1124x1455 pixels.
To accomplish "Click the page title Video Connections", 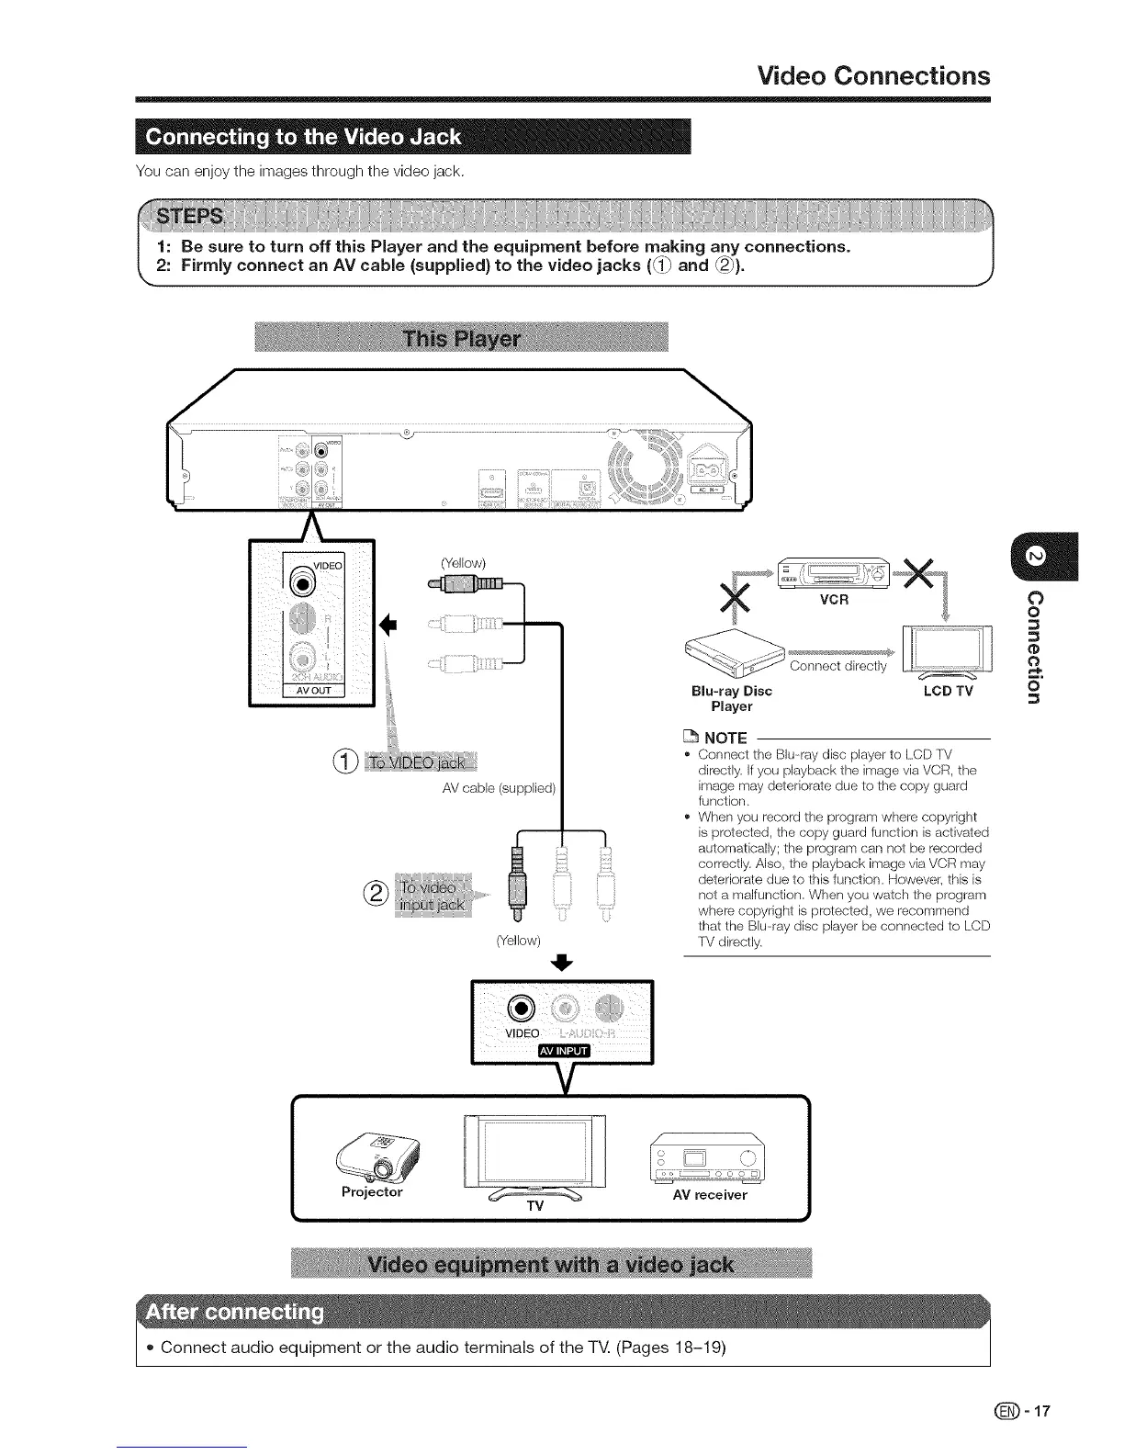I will [873, 75].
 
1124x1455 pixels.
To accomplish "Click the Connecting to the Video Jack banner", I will [303, 138].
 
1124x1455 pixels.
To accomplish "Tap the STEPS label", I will [190, 217].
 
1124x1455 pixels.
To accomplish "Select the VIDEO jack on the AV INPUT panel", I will [522, 1008].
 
